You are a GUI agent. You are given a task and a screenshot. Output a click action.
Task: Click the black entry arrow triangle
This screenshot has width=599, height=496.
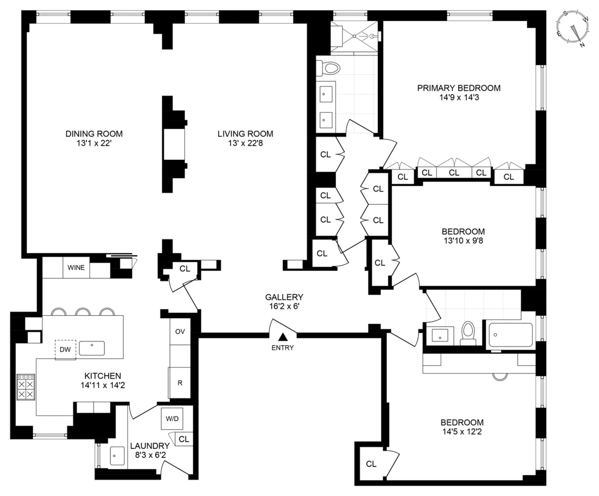click(x=283, y=338)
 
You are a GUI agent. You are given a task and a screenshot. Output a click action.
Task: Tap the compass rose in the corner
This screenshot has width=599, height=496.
click(x=572, y=29)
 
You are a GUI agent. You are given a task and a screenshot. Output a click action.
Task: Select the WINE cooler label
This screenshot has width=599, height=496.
click(x=76, y=268)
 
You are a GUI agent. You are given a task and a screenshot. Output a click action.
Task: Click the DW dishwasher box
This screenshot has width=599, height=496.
click(x=65, y=350)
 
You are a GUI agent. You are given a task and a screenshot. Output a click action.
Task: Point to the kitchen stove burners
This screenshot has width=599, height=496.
click(x=26, y=388)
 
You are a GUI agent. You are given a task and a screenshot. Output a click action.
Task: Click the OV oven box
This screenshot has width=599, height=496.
click(x=180, y=332)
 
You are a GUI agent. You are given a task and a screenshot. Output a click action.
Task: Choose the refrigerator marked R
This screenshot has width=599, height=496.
click(x=180, y=383)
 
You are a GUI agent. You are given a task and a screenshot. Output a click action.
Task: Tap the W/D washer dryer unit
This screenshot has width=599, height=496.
click(x=172, y=419)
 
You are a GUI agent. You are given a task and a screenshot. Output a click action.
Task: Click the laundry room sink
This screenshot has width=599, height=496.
click(x=117, y=456)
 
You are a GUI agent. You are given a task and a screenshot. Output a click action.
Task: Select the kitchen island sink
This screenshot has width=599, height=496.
click(x=92, y=348)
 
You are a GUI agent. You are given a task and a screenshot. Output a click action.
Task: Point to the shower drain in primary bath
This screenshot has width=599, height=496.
click(x=355, y=36)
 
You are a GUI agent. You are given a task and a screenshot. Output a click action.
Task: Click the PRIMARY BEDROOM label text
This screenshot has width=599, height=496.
click(x=458, y=88)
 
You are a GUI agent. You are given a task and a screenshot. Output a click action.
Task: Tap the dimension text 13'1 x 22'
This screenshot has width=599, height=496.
click(x=94, y=143)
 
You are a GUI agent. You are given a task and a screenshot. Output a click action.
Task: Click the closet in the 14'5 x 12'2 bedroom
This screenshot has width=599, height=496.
click(x=371, y=464)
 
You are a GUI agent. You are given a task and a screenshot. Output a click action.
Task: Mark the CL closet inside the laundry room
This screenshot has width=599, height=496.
click(x=184, y=439)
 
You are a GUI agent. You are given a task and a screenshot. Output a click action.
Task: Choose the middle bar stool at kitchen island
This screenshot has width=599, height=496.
click(x=83, y=312)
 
